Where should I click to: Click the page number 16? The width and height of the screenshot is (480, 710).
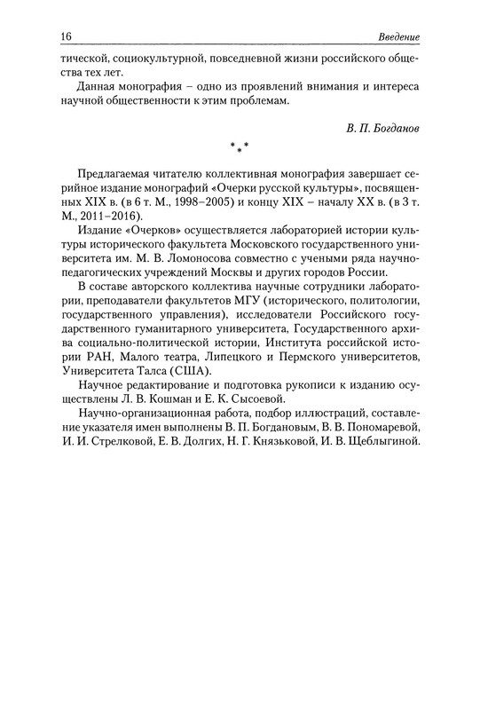[x=42, y=35]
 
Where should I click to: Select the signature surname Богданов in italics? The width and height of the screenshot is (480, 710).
[x=395, y=128]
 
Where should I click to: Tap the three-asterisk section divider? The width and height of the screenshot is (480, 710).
[x=240, y=146]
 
